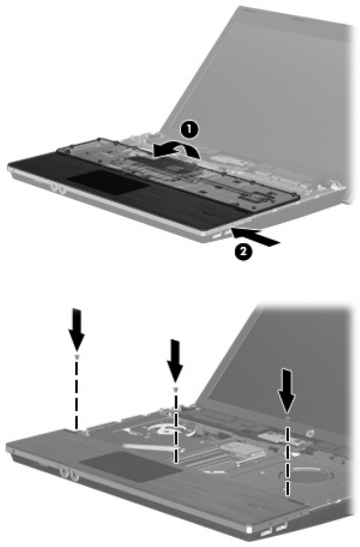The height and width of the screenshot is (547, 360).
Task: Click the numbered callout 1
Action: coord(189,130)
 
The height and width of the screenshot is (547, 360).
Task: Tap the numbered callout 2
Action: coord(243,251)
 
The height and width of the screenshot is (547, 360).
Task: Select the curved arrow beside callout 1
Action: coord(176,150)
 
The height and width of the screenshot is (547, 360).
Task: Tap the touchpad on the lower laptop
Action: coord(130,466)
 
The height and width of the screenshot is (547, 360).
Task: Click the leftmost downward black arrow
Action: coord(77,329)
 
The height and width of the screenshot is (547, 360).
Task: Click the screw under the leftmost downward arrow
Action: coord(77,357)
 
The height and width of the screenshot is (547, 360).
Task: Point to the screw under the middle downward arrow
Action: coord(176,388)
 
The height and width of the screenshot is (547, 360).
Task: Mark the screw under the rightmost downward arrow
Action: coord(288,418)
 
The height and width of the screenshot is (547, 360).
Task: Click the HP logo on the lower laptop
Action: coord(309,434)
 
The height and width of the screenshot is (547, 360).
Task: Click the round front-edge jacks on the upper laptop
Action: coord(58,188)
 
